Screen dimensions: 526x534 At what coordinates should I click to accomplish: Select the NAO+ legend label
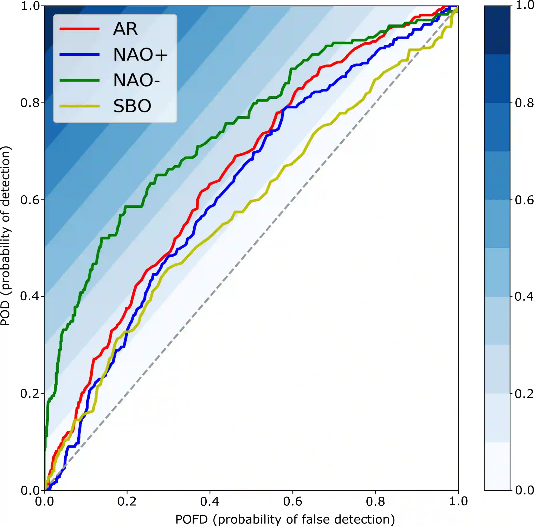click(x=140, y=54)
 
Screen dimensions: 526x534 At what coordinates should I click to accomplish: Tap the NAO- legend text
click(x=136, y=80)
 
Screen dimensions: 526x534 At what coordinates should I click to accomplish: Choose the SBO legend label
click(x=132, y=106)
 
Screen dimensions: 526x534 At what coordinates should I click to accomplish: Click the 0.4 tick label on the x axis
click(x=210, y=501)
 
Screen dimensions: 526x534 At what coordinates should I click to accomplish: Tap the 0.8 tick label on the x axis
click(x=375, y=501)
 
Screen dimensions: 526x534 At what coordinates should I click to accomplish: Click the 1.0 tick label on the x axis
click(x=458, y=501)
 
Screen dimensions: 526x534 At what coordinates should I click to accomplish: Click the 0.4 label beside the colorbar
click(x=524, y=296)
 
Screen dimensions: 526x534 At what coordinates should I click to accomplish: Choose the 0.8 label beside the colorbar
click(x=524, y=103)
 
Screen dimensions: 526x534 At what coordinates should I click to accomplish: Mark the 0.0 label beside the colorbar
click(x=524, y=490)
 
